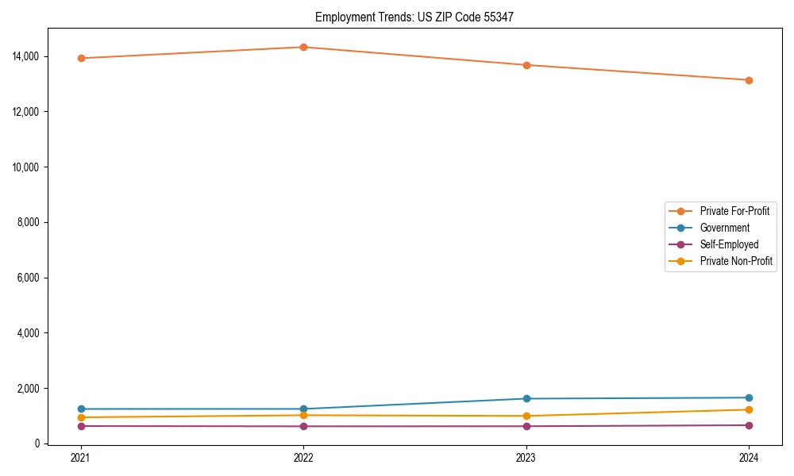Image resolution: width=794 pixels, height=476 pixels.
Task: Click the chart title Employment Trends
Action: pyautogui.click(x=414, y=17)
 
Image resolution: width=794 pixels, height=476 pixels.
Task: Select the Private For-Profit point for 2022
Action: pyautogui.click(x=303, y=47)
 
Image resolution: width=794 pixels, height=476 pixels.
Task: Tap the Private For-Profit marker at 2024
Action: pyautogui.click(x=749, y=80)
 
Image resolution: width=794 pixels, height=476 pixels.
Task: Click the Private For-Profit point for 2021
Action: pyautogui.click(x=81, y=58)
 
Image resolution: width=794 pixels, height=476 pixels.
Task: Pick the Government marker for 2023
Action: pyautogui.click(x=526, y=398)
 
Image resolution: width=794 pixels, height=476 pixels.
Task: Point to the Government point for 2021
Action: pyautogui.click(x=81, y=409)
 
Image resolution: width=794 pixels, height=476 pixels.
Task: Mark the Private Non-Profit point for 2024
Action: pyautogui.click(x=749, y=409)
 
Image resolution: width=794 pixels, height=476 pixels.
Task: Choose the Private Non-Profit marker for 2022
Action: pyautogui.click(x=303, y=415)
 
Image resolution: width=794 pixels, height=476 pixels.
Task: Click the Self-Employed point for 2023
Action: pyautogui.click(x=526, y=426)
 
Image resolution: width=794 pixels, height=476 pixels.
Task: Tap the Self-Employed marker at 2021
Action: pyautogui.click(x=81, y=426)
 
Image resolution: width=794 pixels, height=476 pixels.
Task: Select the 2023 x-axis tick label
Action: pyautogui.click(x=526, y=457)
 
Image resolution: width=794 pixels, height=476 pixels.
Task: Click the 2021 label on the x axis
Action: pyautogui.click(x=81, y=457)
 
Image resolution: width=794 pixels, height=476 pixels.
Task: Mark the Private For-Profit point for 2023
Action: pyautogui.click(x=526, y=65)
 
